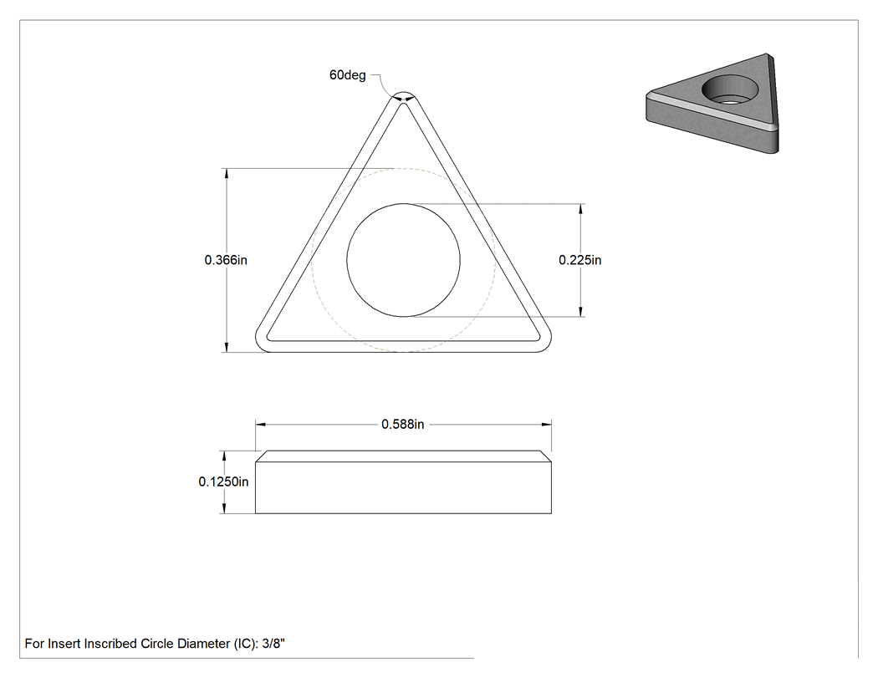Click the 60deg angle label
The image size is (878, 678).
tap(347, 75)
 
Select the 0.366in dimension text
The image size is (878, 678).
tap(226, 260)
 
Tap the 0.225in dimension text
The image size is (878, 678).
tap(580, 260)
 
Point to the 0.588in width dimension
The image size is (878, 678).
tap(402, 425)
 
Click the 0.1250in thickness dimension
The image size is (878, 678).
tap(223, 482)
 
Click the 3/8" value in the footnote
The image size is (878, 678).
tap(273, 644)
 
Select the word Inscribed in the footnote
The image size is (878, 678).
tap(110, 644)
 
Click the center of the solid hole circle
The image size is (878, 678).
tap(403, 260)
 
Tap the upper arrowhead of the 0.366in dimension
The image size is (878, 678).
tap(227, 174)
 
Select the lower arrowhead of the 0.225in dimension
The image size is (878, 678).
tap(580, 311)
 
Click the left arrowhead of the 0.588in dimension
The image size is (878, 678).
tap(261, 425)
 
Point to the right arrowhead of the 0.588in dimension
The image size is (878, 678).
tap(546, 425)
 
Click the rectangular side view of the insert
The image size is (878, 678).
tap(403, 482)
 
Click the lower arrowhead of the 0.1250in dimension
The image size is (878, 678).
tap(224, 508)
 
